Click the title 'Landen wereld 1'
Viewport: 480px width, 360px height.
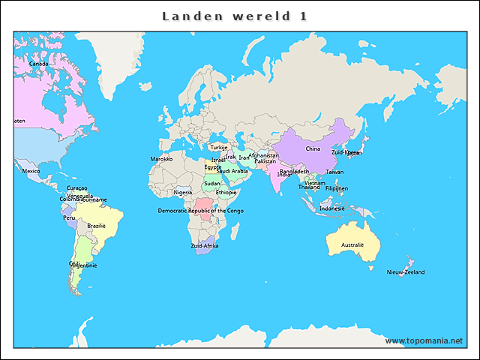235,16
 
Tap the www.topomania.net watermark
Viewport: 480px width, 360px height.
424,340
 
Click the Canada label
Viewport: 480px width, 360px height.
38,64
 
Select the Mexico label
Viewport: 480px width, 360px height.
31,171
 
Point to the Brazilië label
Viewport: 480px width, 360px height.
97,226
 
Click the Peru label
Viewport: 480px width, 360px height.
69,218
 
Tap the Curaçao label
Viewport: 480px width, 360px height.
77,188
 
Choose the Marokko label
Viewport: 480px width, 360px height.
161,159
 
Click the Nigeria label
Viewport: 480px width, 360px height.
183,193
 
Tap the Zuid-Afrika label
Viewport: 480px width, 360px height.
205,246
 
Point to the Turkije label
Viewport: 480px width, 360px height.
218,148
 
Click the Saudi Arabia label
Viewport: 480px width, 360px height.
232,171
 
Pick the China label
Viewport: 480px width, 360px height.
313,148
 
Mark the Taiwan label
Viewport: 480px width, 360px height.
334,172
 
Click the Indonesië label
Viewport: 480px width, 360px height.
332,208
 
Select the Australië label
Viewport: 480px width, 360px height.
352,244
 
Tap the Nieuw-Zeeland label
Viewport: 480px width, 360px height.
406,272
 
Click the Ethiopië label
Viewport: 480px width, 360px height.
226,193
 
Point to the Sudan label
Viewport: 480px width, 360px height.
212,183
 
